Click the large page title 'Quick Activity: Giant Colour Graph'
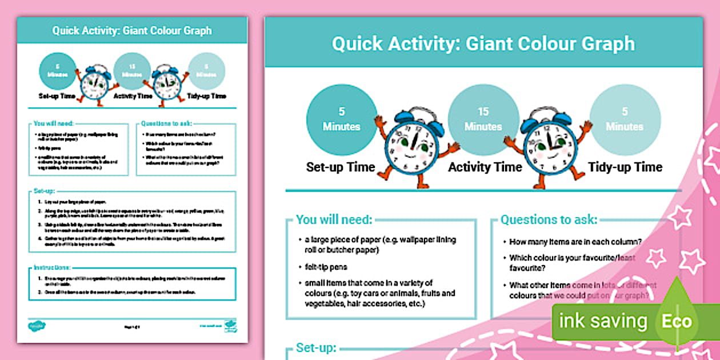click(x=483, y=43)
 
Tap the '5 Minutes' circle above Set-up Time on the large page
click(x=342, y=119)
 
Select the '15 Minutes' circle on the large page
click(x=483, y=119)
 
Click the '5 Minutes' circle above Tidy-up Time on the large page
click(x=625, y=119)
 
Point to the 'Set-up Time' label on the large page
click(x=341, y=167)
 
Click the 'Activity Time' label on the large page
click(x=485, y=167)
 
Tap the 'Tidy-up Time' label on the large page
click(x=625, y=167)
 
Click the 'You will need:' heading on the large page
click(x=334, y=219)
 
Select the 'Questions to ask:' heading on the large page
click(x=549, y=219)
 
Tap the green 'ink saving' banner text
click(x=603, y=321)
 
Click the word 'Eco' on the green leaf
click(x=677, y=321)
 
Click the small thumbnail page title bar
click(x=132, y=30)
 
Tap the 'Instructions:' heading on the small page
click(x=52, y=267)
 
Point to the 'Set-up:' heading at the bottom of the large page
click(x=316, y=347)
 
